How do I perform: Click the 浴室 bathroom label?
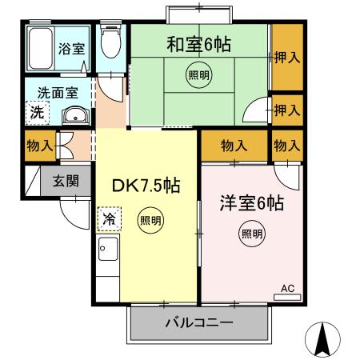(70, 48)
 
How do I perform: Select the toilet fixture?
(110, 43)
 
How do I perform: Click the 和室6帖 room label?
(198, 44)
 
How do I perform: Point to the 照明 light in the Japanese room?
(198, 76)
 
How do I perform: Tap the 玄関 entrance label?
(66, 180)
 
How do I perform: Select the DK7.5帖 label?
(145, 186)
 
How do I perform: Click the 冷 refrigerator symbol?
(107, 217)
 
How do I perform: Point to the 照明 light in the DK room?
(150, 219)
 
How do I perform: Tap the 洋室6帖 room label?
(252, 203)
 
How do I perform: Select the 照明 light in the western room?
(251, 234)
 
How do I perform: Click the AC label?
(287, 288)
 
